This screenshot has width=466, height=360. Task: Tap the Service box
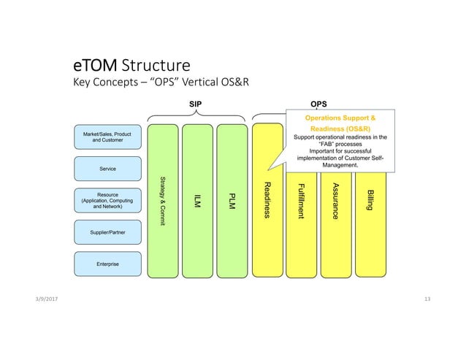point(107,169)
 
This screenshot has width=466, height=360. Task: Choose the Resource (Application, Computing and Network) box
point(107,201)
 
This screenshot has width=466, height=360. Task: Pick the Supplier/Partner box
point(107,233)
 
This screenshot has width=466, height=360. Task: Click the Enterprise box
point(107,263)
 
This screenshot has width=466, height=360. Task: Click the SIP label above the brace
point(196,104)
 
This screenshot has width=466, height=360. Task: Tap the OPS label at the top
point(319,104)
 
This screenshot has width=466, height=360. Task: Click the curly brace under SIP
point(196,116)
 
